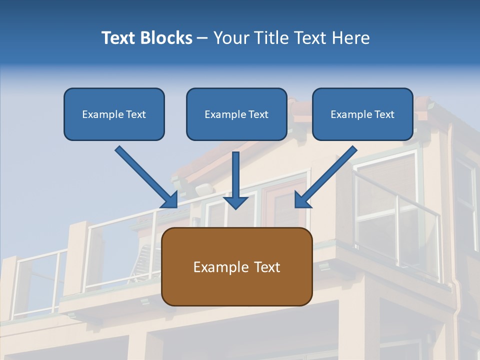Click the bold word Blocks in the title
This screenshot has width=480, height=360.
point(167,38)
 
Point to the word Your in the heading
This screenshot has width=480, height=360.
point(228,38)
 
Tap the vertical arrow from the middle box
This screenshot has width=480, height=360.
point(236,175)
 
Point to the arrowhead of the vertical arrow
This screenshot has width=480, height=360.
point(236,202)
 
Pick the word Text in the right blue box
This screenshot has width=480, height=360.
point(384,114)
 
